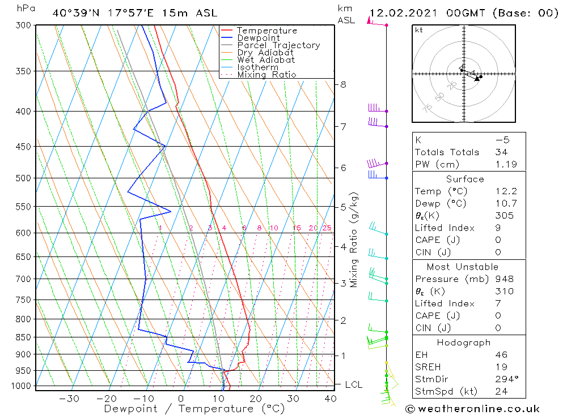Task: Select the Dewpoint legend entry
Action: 258,38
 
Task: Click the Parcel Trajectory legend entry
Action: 278,45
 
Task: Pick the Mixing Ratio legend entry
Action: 266,75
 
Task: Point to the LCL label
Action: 354,385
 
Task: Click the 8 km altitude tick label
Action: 343,85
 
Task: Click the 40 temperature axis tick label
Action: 331,399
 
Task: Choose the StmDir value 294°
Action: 503,379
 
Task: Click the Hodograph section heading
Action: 464,343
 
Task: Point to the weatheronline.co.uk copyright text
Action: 472,409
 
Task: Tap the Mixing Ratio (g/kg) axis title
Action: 354,240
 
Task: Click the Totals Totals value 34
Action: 501,152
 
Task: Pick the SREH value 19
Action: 501,367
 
